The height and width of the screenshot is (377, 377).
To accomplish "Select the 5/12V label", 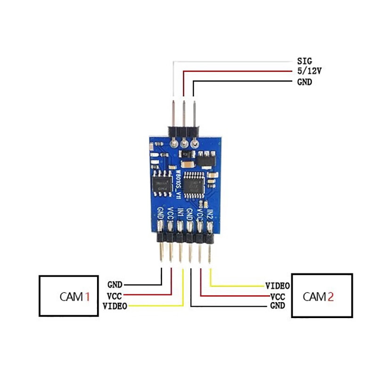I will coord(309,71).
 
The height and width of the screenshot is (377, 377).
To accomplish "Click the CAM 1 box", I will coord(68,296).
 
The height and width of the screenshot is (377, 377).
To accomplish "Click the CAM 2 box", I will coord(322,295).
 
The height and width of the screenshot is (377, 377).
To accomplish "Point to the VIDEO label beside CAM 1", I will coord(115,306).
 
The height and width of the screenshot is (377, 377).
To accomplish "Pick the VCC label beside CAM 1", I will coord(115,295).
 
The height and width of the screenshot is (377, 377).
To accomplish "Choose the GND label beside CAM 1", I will coord(115,285).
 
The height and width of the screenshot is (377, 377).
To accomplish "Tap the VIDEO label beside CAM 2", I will coord(277,286).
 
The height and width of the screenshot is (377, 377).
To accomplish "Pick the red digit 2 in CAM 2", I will coord(331,296).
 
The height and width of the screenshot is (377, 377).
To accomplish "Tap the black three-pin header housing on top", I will coord(184,131).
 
